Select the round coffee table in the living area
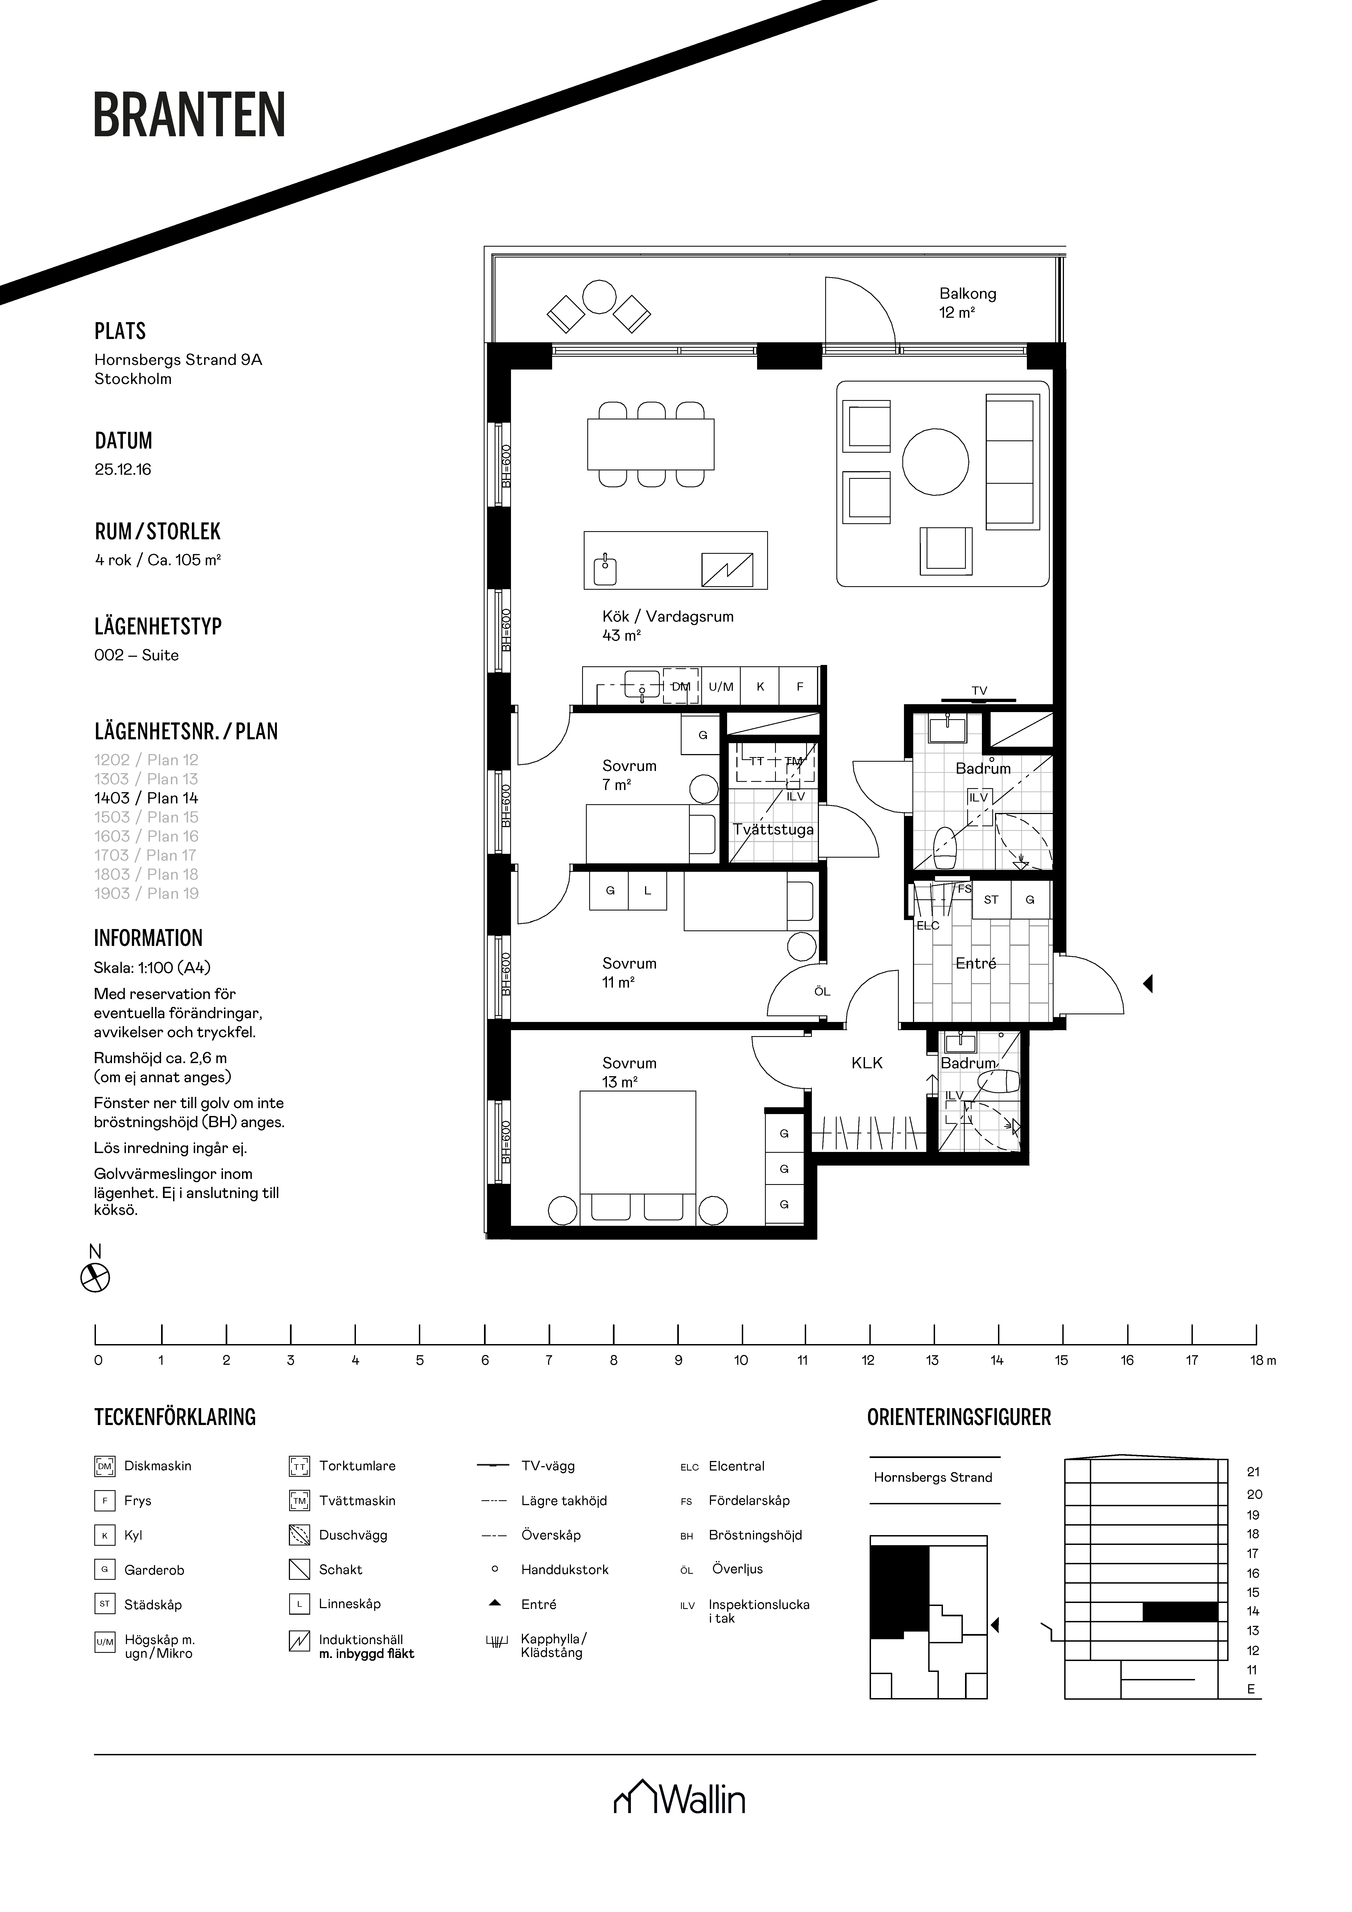pyautogui.click(x=936, y=462)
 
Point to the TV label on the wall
pyautogui.click(x=979, y=690)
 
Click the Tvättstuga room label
pyautogui.click(x=773, y=830)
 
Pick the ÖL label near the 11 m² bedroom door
pyautogui.click(x=822, y=992)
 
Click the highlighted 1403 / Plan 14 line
pyautogui.click(x=147, y=798)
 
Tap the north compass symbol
pyautogui.click(x=95, y=1278)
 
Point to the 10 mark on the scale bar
pyautogui.click(x=740, y=1361)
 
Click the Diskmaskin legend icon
pyautogui.click(x=104, y=1466)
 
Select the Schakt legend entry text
pyautogui.click(x=341, y=1570)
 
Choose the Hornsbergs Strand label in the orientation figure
pyautogui.click(x=933, y=1477)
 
